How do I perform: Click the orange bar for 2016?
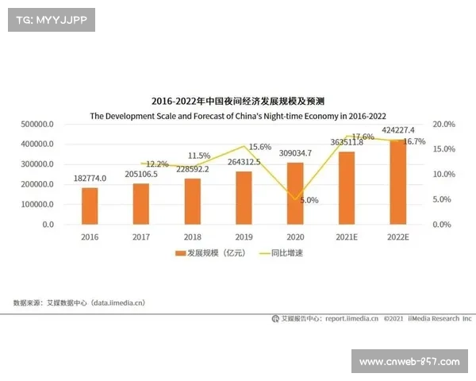[90, 206]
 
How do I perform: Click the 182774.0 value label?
[90, 180]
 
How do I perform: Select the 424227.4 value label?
[397, 130]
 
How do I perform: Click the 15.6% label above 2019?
[259, 147]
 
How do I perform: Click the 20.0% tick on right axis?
[444, 125]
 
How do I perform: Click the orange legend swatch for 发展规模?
[179, 253]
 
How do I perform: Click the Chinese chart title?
[238, 102]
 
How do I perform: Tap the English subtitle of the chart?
[238, 115]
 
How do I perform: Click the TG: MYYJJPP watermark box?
[51, 20]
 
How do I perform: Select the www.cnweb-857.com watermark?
[409, 361]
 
